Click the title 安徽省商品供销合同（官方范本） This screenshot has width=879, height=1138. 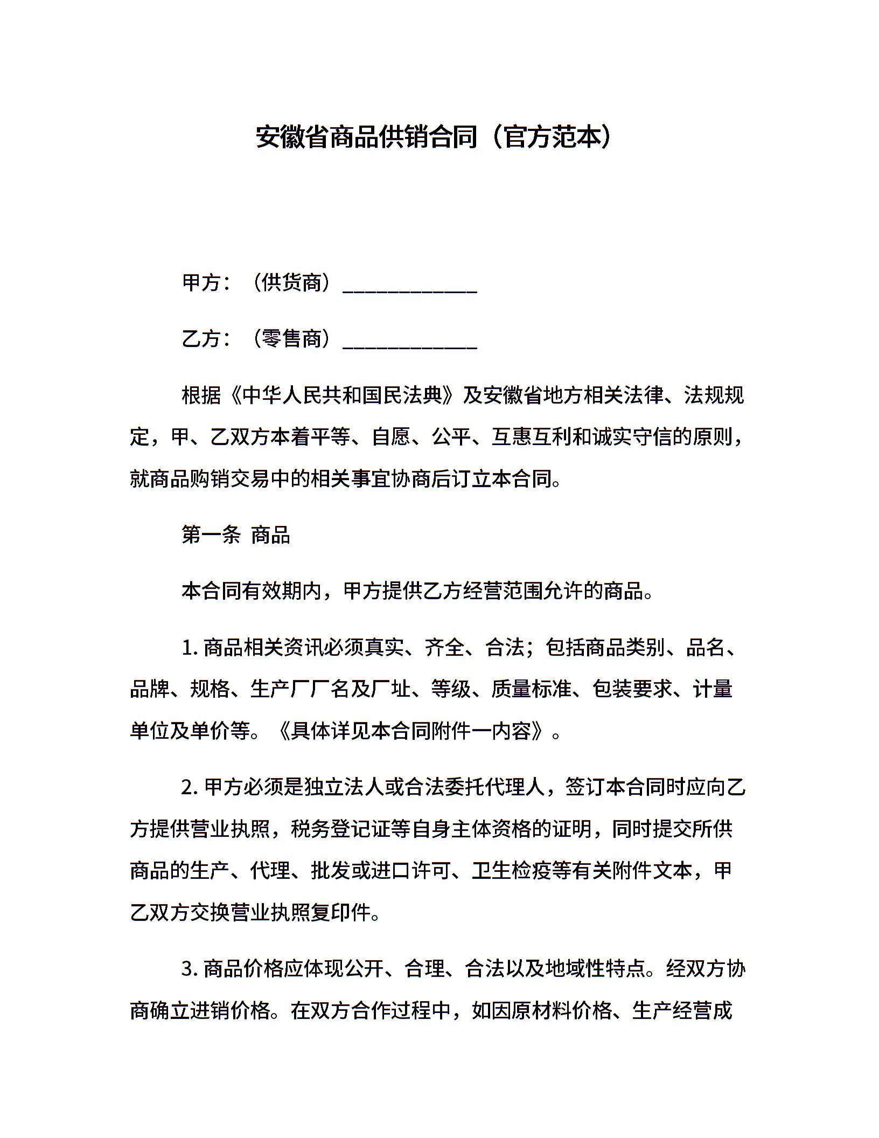point(434,137)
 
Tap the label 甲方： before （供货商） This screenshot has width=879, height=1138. point(207,282)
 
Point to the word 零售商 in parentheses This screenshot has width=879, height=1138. point(291,339)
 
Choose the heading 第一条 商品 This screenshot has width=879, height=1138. point(236,535)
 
